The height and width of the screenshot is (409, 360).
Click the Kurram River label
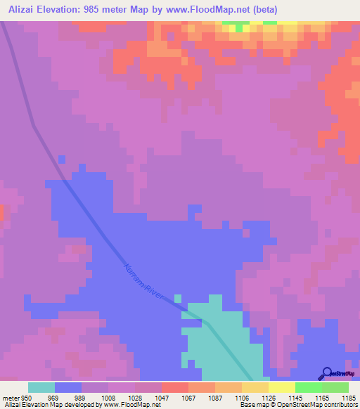point(143,283)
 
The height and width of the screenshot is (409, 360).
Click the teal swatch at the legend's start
point(41,387)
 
